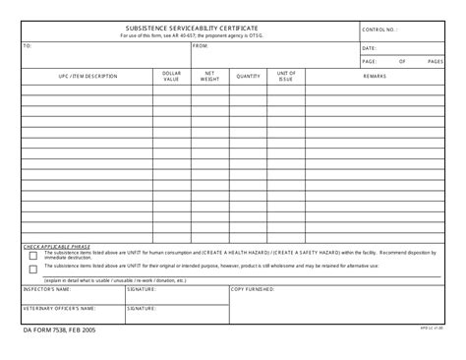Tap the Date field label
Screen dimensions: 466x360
click(x=369, y=47)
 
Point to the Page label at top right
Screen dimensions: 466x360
click(x=369, y=61)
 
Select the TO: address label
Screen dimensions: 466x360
click(x=28, y=46)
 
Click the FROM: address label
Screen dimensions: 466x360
click(x=201, y=46)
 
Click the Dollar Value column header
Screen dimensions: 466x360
click(x=172, y=76)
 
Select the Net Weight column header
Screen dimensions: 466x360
click(x=209, y=76)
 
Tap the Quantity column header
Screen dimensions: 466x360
click(x=248, y=76)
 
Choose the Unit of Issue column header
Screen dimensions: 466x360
click(x=286, y=76)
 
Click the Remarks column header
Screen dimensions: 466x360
click(x=375, y=76)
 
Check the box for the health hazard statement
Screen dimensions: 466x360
click(x=33, y=255)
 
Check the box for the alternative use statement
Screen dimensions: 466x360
click(x=33, y=268)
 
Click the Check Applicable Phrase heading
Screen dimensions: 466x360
click(x=58, y=246)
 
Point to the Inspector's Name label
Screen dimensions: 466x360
click(x=48, y=289)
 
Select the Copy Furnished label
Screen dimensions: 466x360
click(x=252, y=289)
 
